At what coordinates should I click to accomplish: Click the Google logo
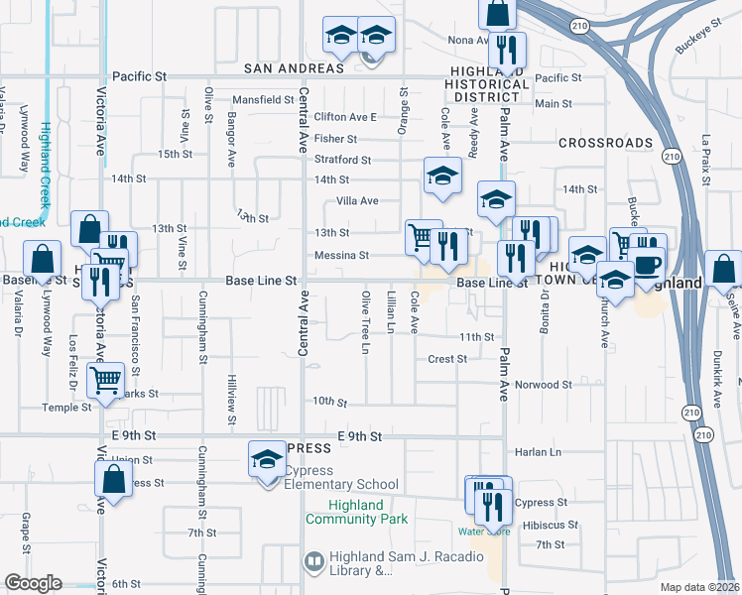(33, 584)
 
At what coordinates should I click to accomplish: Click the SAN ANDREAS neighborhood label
(295, 68)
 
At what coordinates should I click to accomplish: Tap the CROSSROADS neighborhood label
(605, 143)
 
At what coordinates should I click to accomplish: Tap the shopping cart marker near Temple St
(106, 379)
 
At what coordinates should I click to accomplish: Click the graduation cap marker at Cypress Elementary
(267, 460)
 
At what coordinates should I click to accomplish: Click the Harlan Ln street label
(539, 452)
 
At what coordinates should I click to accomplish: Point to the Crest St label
(447, 359)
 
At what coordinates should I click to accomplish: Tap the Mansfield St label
(263, 100)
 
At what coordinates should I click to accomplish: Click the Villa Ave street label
(357, 200)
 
